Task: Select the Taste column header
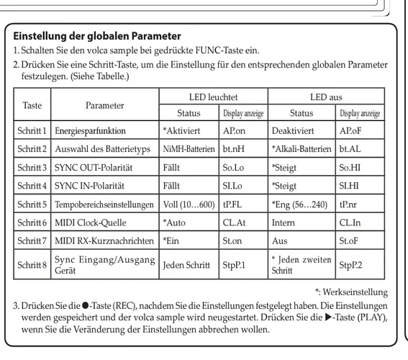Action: pos(32,104)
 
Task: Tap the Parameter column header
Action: pos(104,104)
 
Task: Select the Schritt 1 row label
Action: pos(32,132)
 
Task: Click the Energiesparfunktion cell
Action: pos(96,132)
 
